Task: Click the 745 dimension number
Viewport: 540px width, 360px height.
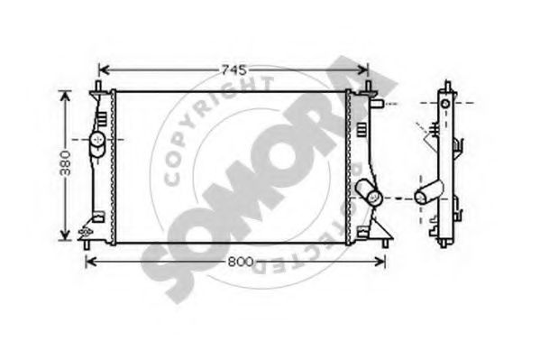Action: [x=234, y=70]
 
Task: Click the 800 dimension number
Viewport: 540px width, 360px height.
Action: [x=241, y=262]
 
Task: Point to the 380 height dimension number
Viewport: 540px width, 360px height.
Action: [x=65, y=163]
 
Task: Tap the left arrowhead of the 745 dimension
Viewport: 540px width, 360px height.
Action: [x=104, y=70]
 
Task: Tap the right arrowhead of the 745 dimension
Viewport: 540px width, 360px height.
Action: [x=363, y=70]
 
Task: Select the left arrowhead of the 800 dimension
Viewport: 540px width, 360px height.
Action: [x=90, y=262]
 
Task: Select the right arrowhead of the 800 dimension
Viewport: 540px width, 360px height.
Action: [x=380, y=262]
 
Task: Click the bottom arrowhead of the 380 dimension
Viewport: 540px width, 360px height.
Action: [x=65, y=235]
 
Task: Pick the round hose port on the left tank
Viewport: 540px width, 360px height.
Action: [x=97, y=139]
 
